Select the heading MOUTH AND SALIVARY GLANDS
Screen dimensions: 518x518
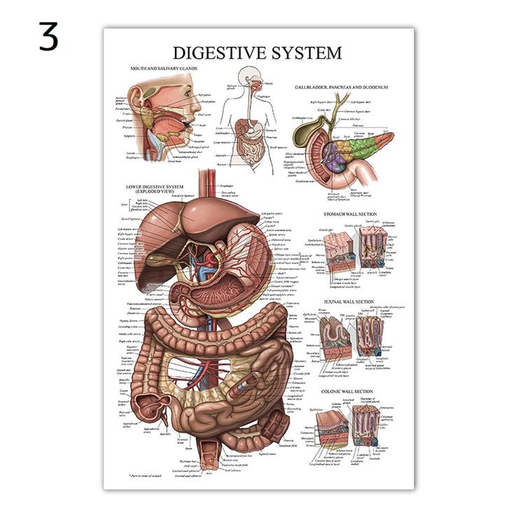(164, 69)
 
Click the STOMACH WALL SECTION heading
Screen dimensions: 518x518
(350, 213)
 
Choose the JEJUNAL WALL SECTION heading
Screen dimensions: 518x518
(349, 302)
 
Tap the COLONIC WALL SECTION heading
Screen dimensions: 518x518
(347, 391)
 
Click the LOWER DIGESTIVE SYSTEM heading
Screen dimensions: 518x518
(155, 188)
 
